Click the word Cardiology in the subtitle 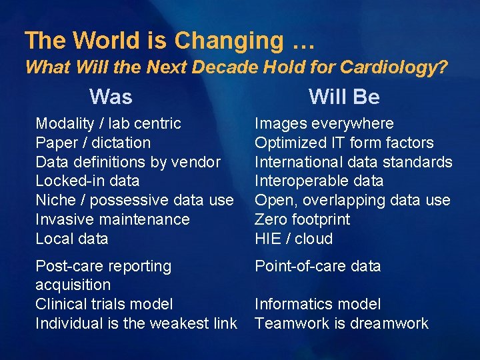point(393,67)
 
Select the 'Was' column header point(111,97)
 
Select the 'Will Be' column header point(344,97)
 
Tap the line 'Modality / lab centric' point(108,123)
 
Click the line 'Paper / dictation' point(93,143)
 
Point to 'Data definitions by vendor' point(127,162)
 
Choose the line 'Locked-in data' point(87,181)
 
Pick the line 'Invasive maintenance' point(112,219)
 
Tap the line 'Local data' point(71,239)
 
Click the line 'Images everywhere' point(324,123)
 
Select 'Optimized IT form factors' point(344,143)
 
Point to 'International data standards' point(353,162)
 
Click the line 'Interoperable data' point(319,181)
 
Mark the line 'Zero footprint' point(302,219)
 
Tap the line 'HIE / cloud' point(293,239)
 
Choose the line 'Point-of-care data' point(318,266)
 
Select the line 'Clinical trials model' point(103,304)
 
